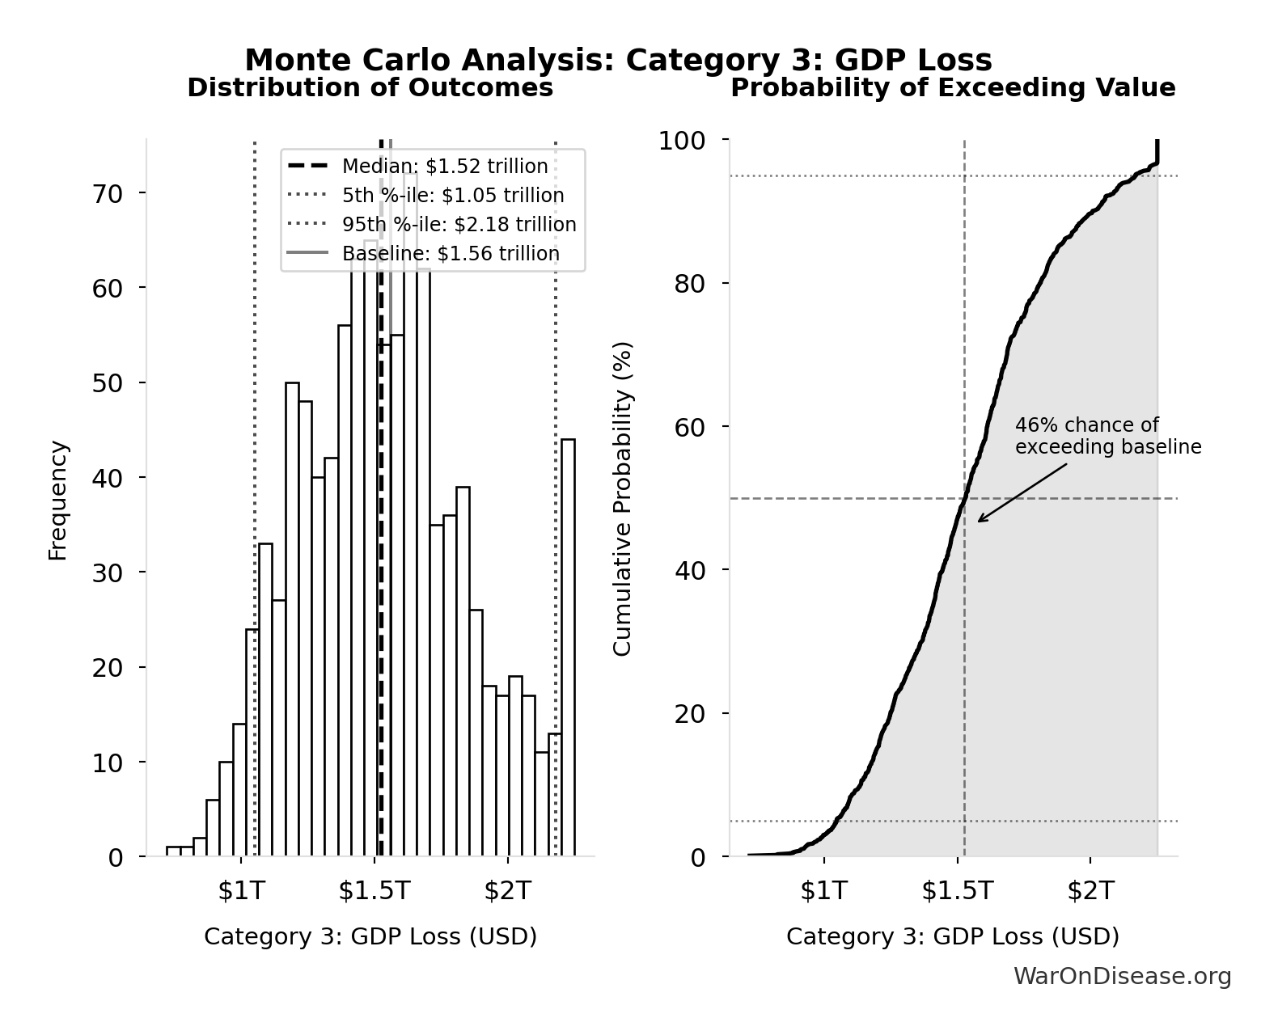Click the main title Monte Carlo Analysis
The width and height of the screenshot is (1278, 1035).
click(618, 61)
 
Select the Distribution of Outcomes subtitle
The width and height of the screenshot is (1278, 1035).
click(370, 88)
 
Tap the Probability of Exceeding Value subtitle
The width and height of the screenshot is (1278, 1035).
click(953, 88)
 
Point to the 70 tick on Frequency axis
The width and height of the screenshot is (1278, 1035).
click(107, 193)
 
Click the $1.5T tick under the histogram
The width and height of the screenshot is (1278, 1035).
click(375, 890)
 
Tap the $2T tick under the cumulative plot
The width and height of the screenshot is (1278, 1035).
click(1090, 890)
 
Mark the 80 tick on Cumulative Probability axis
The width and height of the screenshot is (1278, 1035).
click(689, 284)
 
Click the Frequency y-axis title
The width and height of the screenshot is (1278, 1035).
click(58, 500)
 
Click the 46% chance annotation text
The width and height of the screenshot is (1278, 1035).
click(1107, 437)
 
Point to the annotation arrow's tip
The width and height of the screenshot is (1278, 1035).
click(979, 521)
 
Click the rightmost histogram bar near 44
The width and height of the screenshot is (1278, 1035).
click(568, 647)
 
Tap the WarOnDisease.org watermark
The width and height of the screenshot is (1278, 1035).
click(1122, 977)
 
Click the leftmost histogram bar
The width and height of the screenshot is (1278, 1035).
click(173, 851)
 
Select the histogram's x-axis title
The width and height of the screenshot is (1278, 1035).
click(370, 936)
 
